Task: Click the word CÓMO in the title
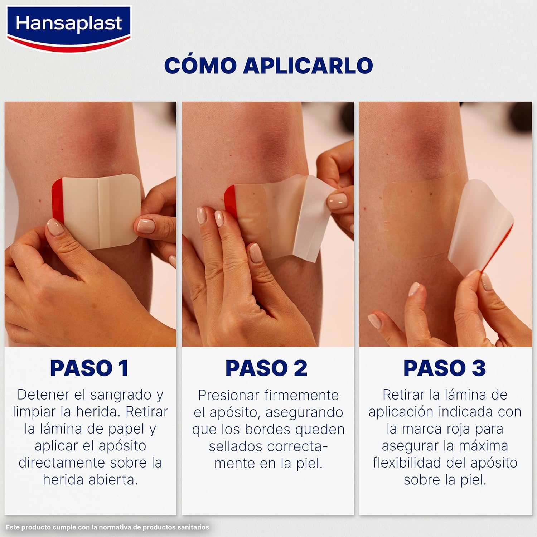point(200,65)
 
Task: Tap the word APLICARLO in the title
point(308,65)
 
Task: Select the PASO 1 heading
point(89,368)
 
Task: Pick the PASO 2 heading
point(266,368)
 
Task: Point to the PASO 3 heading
point(444,368)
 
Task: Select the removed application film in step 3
point(483,226)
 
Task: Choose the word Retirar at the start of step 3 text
point(405,395)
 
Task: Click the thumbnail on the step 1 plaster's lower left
point(55,227)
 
